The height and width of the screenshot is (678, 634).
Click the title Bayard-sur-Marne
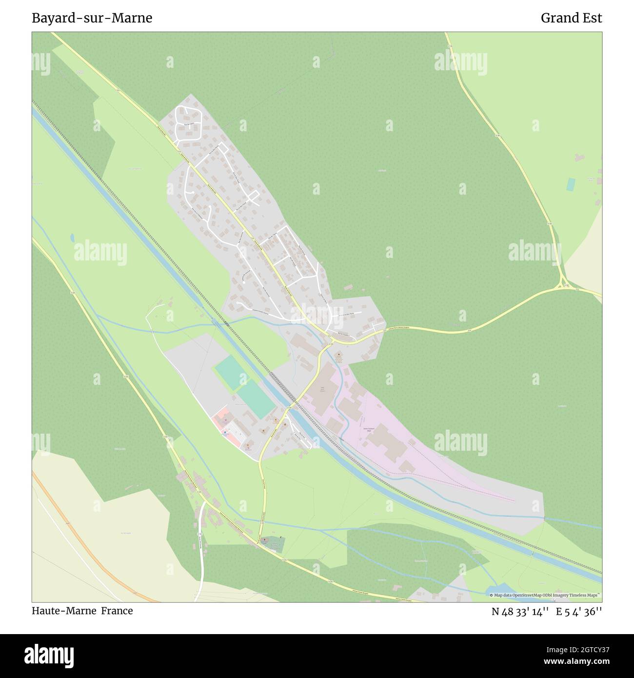92,18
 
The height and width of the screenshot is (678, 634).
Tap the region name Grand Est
571,18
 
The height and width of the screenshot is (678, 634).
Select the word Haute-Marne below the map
64,611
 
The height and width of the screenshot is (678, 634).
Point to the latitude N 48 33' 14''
520,611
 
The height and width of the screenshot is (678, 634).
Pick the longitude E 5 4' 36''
579,611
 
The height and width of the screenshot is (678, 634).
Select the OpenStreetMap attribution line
545,595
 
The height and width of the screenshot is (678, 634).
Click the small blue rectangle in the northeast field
571,184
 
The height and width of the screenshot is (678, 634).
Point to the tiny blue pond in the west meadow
73,238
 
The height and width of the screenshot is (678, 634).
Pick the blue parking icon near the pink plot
224,433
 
